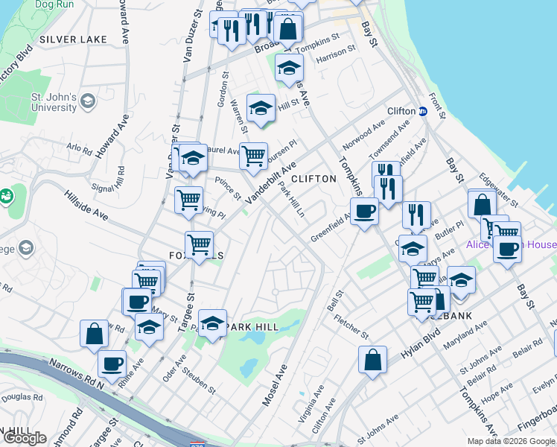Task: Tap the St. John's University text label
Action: (x=54, y=102)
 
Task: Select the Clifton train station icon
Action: (x=422, y=111)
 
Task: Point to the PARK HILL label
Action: (x=253, y=327)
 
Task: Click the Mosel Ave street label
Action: (x=275, y=384)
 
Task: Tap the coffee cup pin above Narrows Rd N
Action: (x=112, y=364)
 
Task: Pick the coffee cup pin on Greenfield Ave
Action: (x=364, y=212)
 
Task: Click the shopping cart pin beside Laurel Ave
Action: (x=253, y=156)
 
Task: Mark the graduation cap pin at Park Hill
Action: (x=212, y=323)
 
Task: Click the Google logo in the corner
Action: (x=25, y=438)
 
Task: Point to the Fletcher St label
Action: (x=351, y=326)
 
